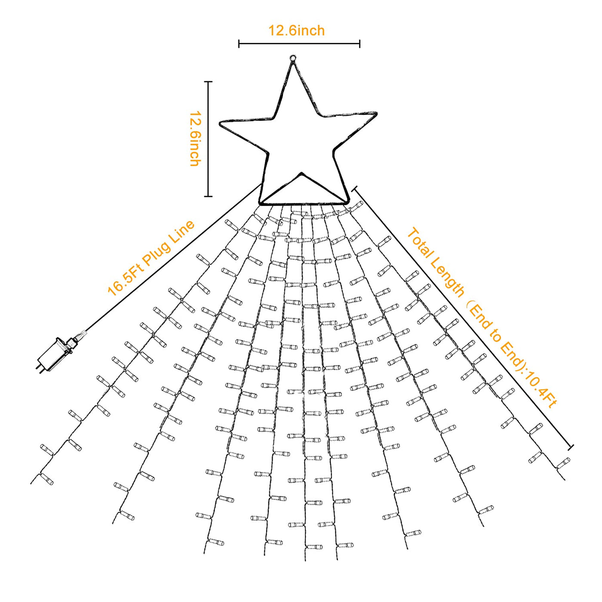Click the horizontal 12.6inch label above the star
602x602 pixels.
[296, 31]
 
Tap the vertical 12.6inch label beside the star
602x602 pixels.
[195, 138]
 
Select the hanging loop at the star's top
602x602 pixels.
[293, 58]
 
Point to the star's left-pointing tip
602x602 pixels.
[221, 123]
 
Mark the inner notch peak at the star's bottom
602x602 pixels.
[302, 174]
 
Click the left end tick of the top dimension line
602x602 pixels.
[239, 43]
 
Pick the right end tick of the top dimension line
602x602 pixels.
[359, 43]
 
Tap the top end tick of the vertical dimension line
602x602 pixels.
[208, 81]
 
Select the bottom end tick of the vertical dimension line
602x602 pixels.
[208, 197]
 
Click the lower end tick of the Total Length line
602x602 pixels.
[571, 448]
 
